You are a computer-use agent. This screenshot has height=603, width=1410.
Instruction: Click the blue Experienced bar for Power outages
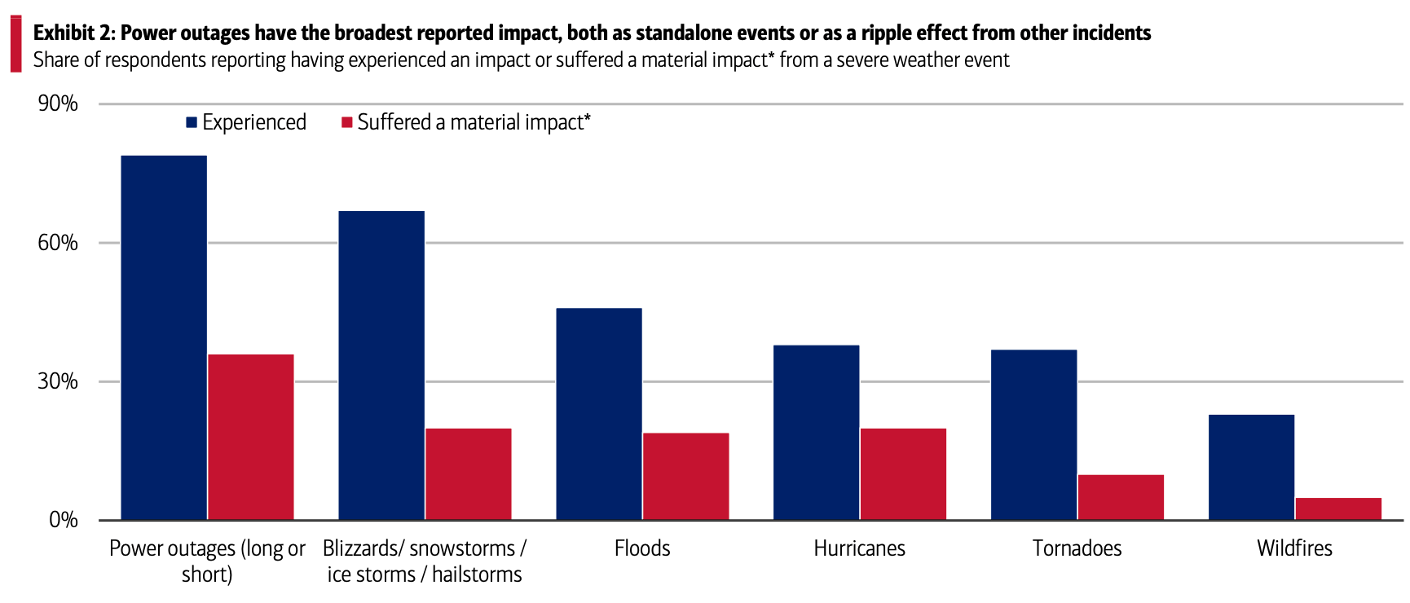click(164, 337)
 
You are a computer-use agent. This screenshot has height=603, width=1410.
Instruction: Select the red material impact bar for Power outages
click(251, 437)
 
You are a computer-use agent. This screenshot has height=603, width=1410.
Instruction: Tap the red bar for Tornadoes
click(1121, 497)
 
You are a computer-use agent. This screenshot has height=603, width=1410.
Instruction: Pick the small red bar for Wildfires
click(1338, 508)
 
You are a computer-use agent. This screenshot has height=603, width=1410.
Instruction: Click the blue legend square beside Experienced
click(192, 122)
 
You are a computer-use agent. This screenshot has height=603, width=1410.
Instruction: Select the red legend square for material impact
click(347, 122)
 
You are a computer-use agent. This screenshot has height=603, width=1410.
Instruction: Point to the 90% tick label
click(58, 103)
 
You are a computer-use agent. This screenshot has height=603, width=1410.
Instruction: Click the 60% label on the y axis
click(58, 243)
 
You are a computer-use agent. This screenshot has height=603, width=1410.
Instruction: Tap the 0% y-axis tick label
click(63, 520)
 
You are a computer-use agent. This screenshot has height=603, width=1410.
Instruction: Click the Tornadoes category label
click(1077, 548)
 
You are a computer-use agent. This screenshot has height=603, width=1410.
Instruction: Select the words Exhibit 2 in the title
click(74, 33)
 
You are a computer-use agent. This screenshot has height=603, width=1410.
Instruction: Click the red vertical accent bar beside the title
click(15, 44)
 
